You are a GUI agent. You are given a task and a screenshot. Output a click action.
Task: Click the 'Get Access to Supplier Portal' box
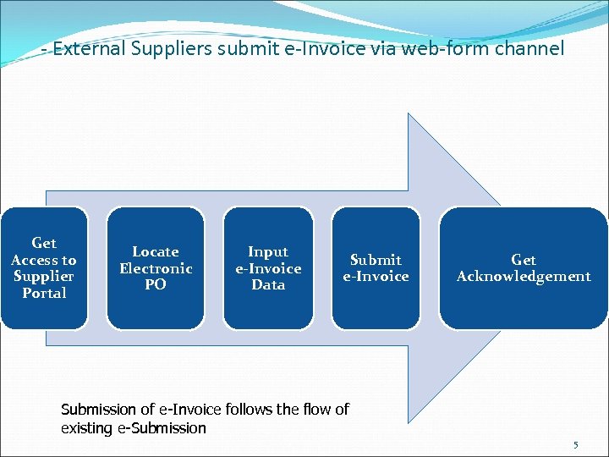pos(44,267)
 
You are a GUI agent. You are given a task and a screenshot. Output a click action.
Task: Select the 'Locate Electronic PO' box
pos(156,267)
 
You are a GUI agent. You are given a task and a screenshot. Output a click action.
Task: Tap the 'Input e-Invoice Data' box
pos(268,267)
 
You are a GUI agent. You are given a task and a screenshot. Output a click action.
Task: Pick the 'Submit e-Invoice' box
pos(376,267)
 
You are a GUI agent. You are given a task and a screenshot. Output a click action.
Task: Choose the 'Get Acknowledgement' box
pos(524,267)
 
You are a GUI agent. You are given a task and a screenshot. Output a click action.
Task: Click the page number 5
pos(576,445)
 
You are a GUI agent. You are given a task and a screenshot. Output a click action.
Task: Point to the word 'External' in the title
pos(88,49)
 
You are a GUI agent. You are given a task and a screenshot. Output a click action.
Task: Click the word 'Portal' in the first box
pos(44,293)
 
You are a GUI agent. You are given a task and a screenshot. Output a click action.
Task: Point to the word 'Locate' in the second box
pos(156,251)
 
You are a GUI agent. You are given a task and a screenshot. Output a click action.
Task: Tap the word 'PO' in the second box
pos(156,284)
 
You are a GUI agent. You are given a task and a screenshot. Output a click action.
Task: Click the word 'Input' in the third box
pos(268,251)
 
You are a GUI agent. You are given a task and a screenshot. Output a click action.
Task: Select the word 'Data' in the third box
pos(268,284)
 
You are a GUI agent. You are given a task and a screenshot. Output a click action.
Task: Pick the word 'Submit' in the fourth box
pos(376,260)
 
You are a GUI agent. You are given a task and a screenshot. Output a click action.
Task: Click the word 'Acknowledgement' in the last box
pos(524,276)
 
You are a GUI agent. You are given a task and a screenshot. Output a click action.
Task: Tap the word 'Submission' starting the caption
pos(99,410)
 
